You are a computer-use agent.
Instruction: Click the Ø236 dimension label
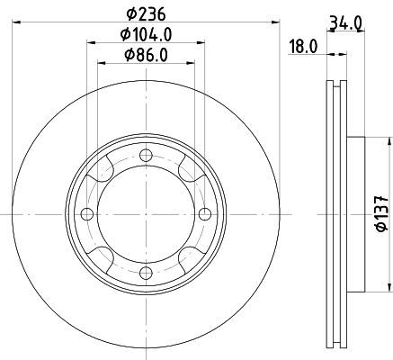coord(146,14)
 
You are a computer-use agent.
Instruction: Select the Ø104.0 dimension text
coord(146,35)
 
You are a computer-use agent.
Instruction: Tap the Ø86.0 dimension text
coord(146,55)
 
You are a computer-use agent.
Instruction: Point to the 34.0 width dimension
coord(345,23)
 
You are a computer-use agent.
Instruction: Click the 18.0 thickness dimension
coord(303,47)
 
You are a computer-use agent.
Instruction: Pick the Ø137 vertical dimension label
coord(381,214)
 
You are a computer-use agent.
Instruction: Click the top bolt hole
coord(146,156)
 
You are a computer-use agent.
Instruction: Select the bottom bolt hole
coord(146,273)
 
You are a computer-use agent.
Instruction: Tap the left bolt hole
coord(87,214)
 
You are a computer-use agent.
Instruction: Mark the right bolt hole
coord(205,214)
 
